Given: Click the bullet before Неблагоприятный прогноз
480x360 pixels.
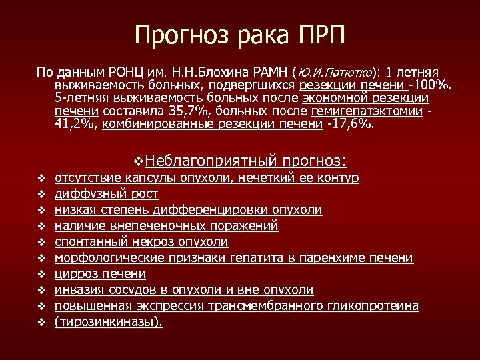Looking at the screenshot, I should (139, 161).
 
